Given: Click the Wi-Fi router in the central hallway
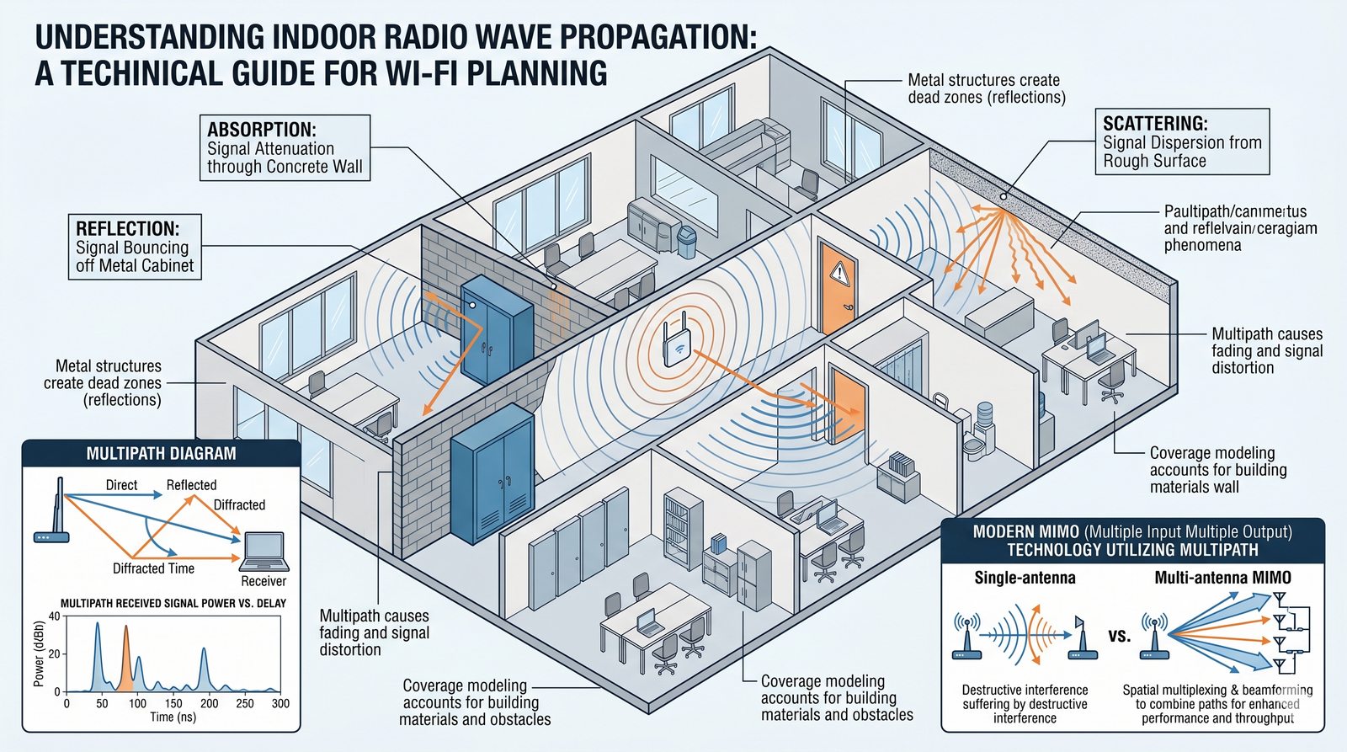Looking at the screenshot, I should (x=677, y=340).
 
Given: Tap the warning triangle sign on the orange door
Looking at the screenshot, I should (x=839, y=272).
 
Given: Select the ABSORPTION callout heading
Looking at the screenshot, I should (x=262, y=130).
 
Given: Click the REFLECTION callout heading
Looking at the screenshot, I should (x=127, y=229).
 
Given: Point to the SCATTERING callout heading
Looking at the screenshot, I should (x=1155, y=124).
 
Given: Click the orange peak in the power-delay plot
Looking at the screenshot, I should (x=126, y=653).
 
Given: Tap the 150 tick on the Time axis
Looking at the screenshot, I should (x=173, y=703).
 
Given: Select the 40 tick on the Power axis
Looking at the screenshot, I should (x=55, y=616).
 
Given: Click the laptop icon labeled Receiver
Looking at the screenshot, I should (x=264, y=552).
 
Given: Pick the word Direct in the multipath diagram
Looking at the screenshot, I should (x=121, y=485).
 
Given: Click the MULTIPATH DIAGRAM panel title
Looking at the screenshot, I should (x=161, y=454).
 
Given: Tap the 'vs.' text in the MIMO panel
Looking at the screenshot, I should (x=1119, y=636).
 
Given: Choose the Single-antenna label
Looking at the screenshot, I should (x=1025, y=578).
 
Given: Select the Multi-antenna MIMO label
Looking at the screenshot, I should (x=1222, y=578).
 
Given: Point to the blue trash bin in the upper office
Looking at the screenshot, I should (x=687, y=242).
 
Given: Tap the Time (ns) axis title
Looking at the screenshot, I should (x=173, y=717).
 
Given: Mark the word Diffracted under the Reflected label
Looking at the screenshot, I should (x=239, y=505).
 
